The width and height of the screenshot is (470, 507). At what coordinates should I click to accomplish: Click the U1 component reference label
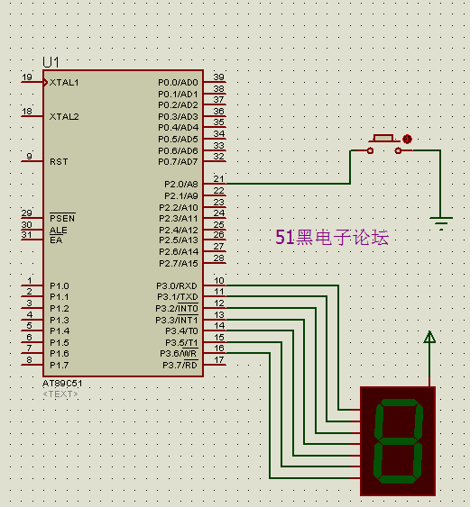pyautogui.click(x=51, y=62)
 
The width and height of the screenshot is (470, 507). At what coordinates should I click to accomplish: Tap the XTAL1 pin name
pyautogui.click(x=64, y=83)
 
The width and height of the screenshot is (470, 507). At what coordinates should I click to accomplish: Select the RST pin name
pyautogui.click(x=59, y=161)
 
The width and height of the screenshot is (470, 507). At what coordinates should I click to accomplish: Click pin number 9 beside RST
pyautogui.click(x=29, y=156)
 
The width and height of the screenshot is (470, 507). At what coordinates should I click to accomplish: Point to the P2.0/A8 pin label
pyautogui.click(x=181, y=184)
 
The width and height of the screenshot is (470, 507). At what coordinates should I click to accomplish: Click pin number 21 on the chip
pyautogui.click(x=219, y=179)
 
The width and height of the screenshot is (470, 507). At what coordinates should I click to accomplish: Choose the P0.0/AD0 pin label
pyautogui.click(x=178, y=83)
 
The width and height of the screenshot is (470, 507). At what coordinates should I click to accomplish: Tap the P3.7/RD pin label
pyautogui.click(x=180, y=365)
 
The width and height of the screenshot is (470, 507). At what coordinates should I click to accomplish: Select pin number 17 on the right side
pyautogui.click(x=219, y=359)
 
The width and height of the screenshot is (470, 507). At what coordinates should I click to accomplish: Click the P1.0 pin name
pyautogui.click(x=60, y=285)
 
